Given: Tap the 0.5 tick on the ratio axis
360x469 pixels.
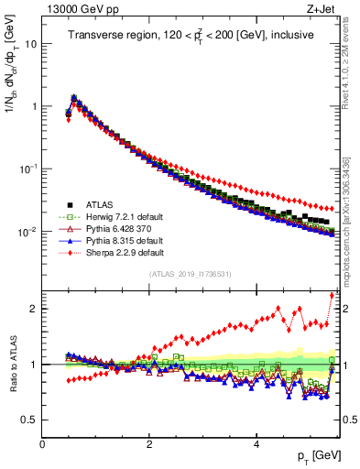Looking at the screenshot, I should point(28,420).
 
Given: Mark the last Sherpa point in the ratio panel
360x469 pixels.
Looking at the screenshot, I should point(332,295).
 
